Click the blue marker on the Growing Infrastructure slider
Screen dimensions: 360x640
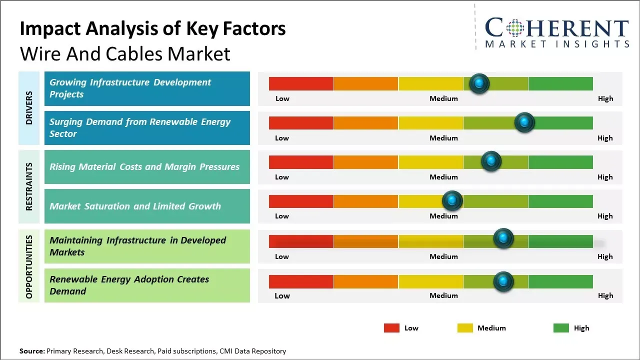479,83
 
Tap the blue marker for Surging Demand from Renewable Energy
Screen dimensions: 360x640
524,122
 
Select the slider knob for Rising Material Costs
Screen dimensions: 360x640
491,161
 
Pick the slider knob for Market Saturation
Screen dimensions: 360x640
452,201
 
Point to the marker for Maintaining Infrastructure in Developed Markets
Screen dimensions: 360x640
503,238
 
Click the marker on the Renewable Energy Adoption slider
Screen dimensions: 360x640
503,281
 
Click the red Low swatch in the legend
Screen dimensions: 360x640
391,328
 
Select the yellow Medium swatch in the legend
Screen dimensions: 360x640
465,328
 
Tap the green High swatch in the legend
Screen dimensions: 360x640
561,328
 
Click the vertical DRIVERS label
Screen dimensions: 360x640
29,108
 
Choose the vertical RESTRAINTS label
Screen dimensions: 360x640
29,186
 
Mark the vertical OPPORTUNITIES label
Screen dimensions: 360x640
29,266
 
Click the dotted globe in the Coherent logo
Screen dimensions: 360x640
515,27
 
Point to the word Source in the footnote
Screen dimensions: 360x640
31,351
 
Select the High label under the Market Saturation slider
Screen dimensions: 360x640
605,216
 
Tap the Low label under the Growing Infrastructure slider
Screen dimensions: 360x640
282,98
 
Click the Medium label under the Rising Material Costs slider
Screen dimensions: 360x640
443,177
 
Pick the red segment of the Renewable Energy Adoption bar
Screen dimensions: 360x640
301,281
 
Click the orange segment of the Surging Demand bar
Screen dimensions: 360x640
365,122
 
